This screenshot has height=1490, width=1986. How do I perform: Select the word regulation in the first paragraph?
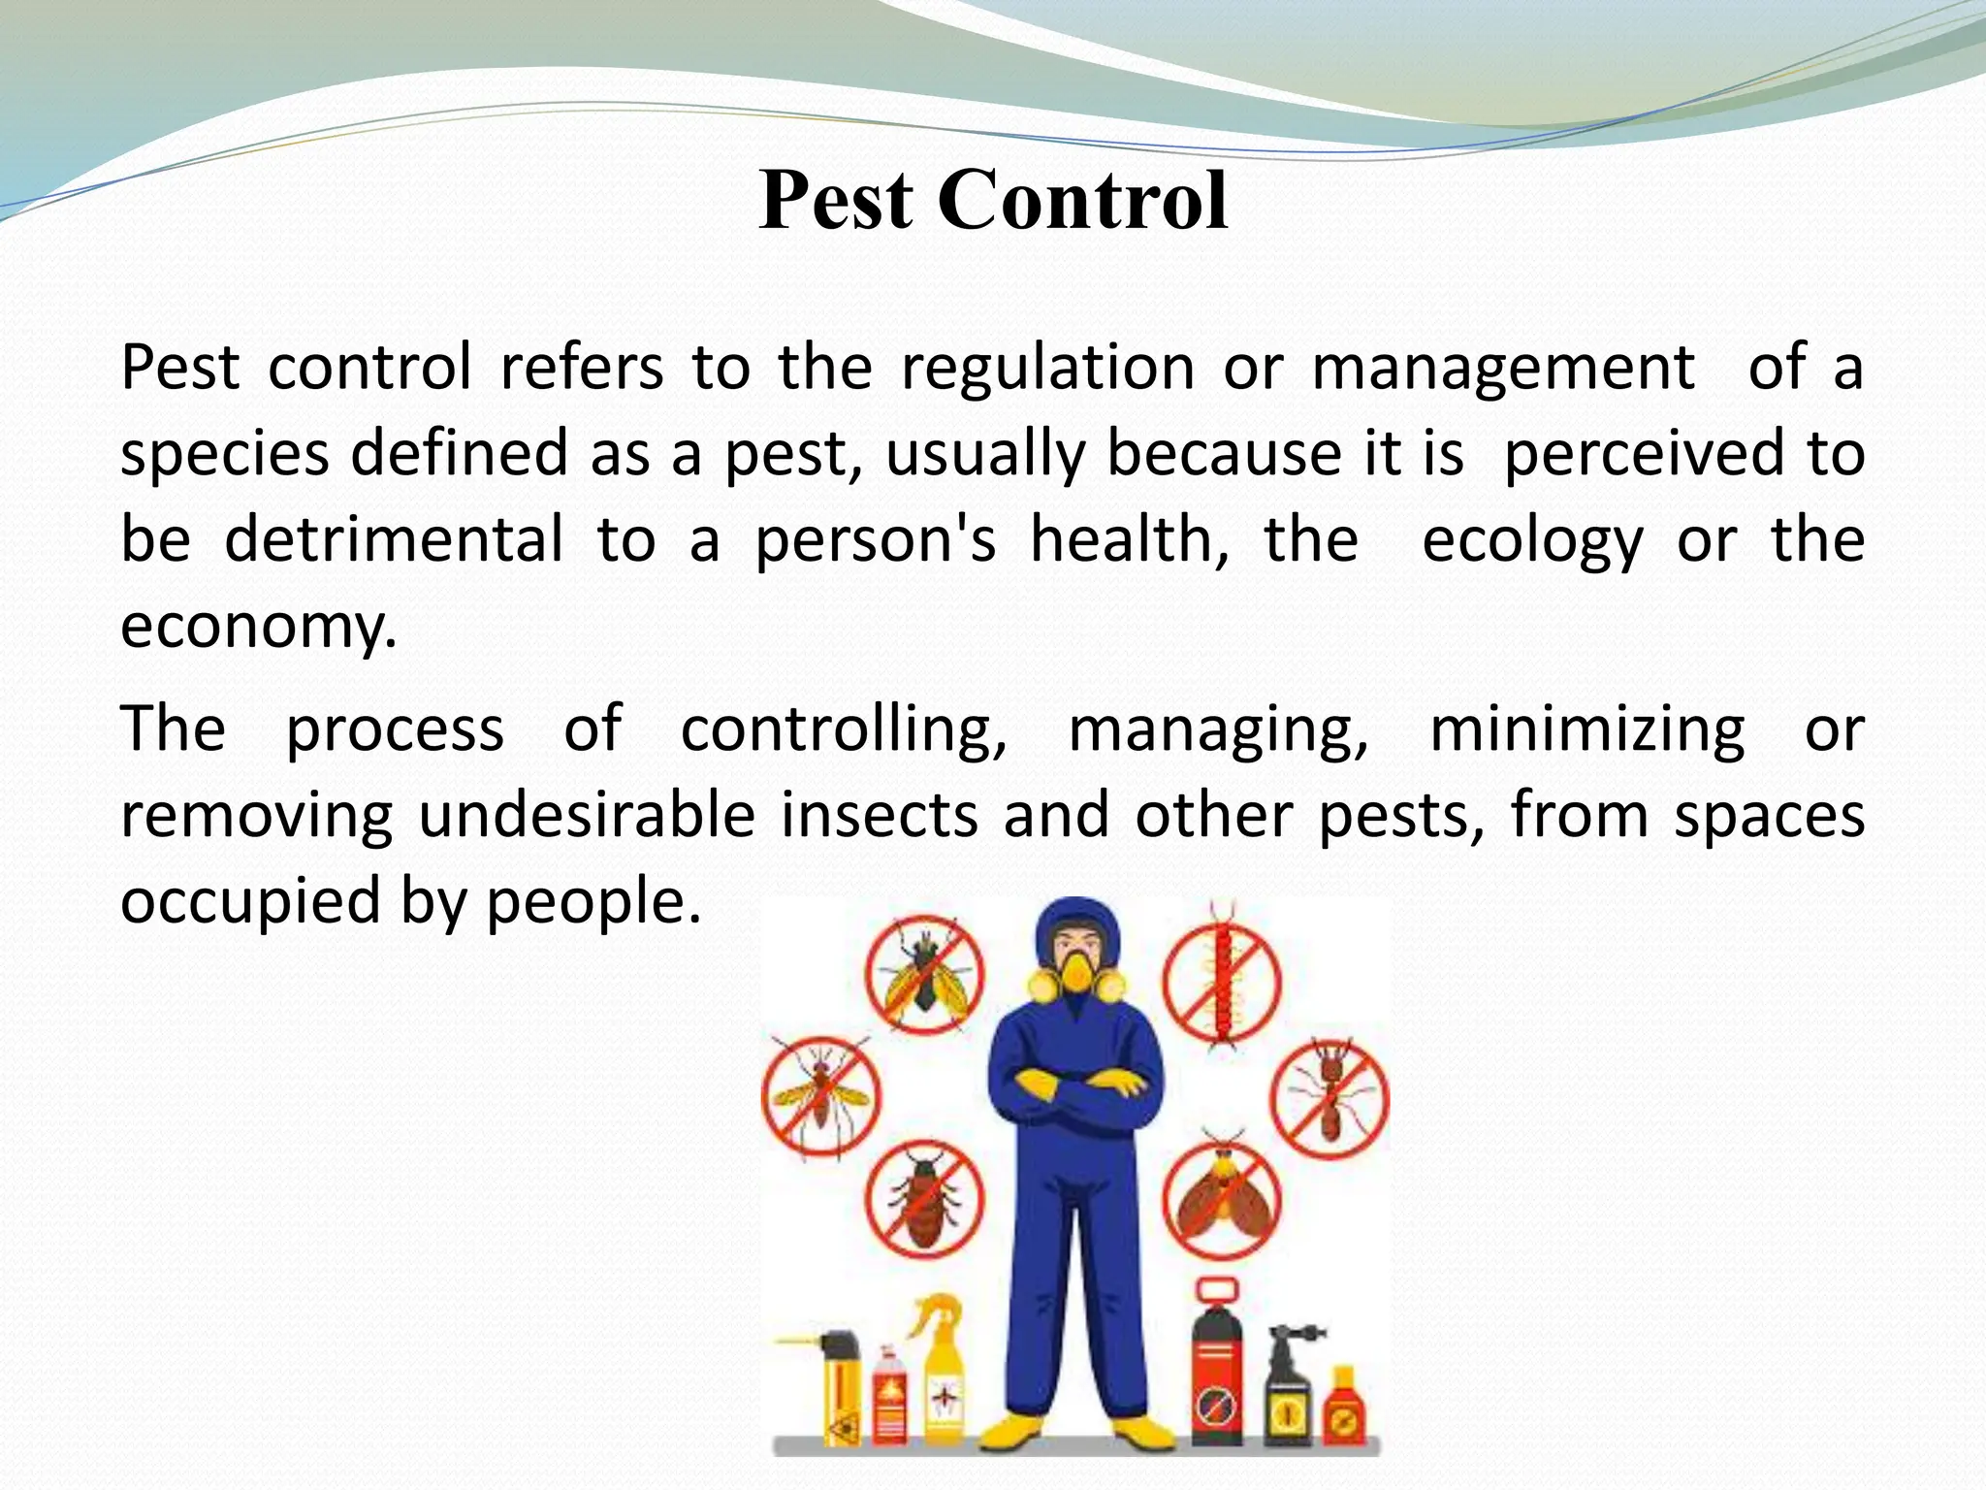1047,368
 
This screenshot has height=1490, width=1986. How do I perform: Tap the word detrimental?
393,539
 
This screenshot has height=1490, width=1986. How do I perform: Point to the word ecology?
1532,541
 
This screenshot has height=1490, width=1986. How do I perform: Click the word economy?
258,627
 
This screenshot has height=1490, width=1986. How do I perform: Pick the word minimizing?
1586,729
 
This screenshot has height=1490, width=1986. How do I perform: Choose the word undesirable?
587,815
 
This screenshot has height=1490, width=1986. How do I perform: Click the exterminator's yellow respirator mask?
1077,973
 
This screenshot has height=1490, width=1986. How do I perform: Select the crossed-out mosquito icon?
821,1097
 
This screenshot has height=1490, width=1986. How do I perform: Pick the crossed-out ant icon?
1330,1098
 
